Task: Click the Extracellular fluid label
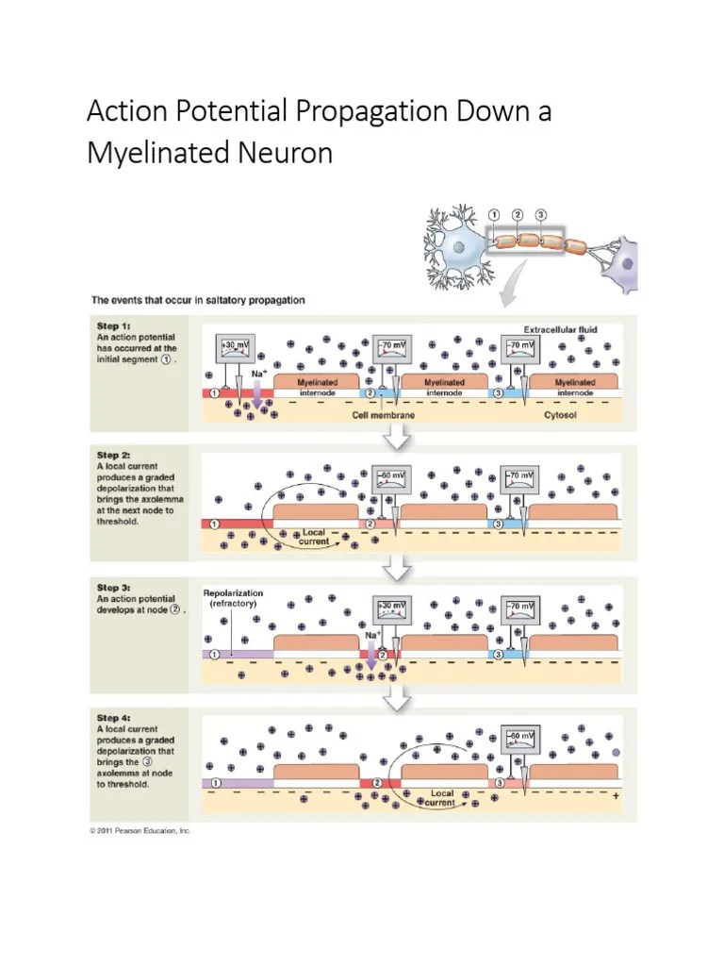coord(560,330)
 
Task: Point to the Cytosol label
coord(560,413)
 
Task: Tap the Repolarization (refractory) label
coord(233,599)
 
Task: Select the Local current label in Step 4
coord(442,798)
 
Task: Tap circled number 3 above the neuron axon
coord(540,214)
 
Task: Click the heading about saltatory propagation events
coord(197,300)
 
